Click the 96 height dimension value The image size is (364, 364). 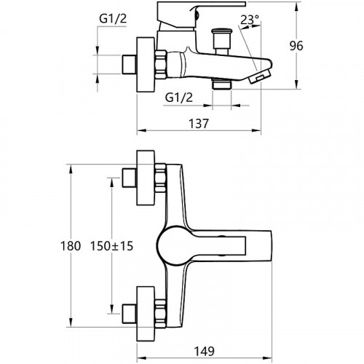[x=296, y=46]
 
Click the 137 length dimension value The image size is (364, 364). [x=199, y=124]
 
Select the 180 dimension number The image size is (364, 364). [x=71, y=246]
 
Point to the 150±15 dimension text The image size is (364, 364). [x=112, y=246]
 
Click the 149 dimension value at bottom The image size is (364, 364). [x=205, y=351]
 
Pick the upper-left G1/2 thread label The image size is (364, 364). [x=113, y=18]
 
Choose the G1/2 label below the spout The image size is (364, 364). [x=179, y=98]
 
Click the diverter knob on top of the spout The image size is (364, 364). [x=221, y=41]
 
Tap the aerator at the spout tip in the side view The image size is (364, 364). [x=260, y=76]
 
